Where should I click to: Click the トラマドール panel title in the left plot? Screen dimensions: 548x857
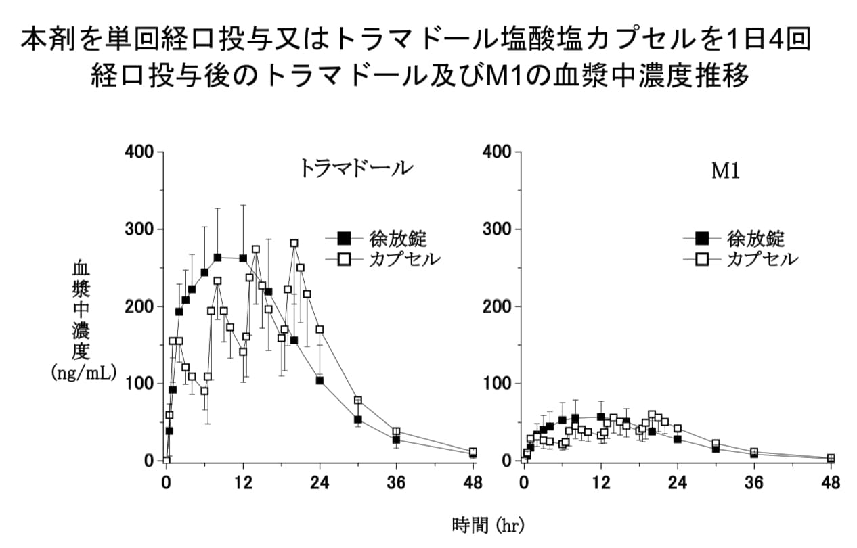point(356,168)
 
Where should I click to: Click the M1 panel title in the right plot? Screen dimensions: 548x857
point(725,171)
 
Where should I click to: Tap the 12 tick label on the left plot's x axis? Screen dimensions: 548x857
point(243,482)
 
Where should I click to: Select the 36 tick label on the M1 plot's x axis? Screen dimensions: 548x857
point(754,482)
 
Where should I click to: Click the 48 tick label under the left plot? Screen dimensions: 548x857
point(473,482)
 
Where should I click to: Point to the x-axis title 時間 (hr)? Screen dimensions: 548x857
point(487,524)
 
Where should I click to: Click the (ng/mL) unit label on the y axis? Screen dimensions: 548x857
point(84,372)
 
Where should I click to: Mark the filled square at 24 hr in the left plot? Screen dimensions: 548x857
point(320,380)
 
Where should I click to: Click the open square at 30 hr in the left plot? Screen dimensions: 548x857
point(358,400)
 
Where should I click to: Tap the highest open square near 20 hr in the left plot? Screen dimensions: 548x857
point(294,243)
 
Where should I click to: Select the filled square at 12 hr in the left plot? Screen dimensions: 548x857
point(243,258)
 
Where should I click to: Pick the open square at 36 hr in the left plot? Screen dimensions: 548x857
point(396,431)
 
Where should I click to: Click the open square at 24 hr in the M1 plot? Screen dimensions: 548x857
point(677,428)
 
